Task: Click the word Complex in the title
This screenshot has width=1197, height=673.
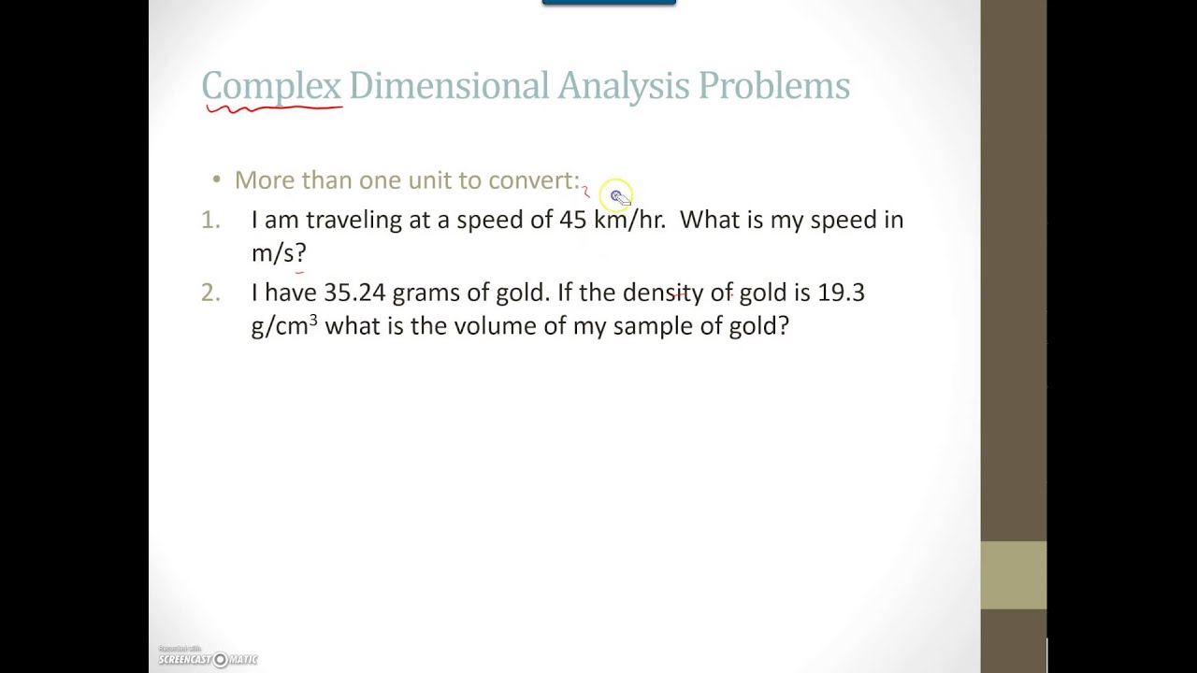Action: pyautogui.click(x=271, y=86)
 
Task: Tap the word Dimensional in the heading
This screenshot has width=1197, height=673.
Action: pyautogui.click(x=449, y=86)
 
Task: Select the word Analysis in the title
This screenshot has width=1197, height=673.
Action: pyautogui.click(x=624, y=86)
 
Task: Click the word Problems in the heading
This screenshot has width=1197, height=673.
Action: pyautogui.click(x=773, y=86)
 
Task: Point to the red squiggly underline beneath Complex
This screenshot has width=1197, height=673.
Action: pyautogui.click(x=274, y=109)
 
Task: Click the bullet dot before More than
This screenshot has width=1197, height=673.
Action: pyautogui.click(x=217, y=179)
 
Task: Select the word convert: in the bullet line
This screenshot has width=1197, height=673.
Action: pyautogui.click(x=534, y=180)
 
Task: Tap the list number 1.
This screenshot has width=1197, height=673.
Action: pyautogui.click(x=210, y=220)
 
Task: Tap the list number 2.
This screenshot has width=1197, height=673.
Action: pyautogui.click(x=210, y=293)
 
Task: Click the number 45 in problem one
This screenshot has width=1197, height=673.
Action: pyautogui.click(x=572, y=220)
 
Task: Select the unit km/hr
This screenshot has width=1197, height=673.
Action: pyautogui.click(x=629, y=220)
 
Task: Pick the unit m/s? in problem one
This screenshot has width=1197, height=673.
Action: pyautogui.click(x=279, y=252)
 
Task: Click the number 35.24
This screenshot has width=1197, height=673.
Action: pyautogui.click(x=354, y=293)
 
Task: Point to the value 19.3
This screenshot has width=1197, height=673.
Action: pyautogui.click(x=841, y=293)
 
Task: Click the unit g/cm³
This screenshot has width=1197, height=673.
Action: pyautogui.click(x=284, y=326)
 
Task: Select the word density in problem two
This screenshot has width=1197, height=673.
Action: pyautogui.click(x=663, y=293)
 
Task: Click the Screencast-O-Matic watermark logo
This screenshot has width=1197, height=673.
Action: pyautogui.click(x=208, y=659)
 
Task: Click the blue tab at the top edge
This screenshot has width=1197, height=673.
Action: pyautogui.click(x=609, y=3)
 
